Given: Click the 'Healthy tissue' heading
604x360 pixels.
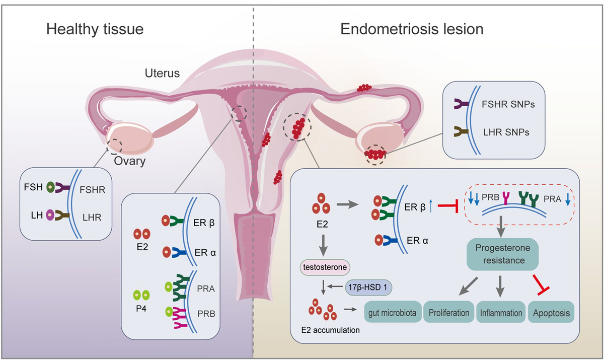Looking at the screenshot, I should coord(95,29).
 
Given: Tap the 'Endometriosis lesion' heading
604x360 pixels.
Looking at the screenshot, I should coord(412,29).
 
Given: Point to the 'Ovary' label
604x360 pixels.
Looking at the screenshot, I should coord(129,162).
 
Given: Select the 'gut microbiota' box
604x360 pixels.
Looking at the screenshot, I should coord(392,313).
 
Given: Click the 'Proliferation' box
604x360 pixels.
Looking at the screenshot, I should coord(449,313).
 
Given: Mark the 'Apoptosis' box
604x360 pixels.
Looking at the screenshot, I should coord(551,313).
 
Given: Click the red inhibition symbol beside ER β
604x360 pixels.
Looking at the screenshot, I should coord(447,205).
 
